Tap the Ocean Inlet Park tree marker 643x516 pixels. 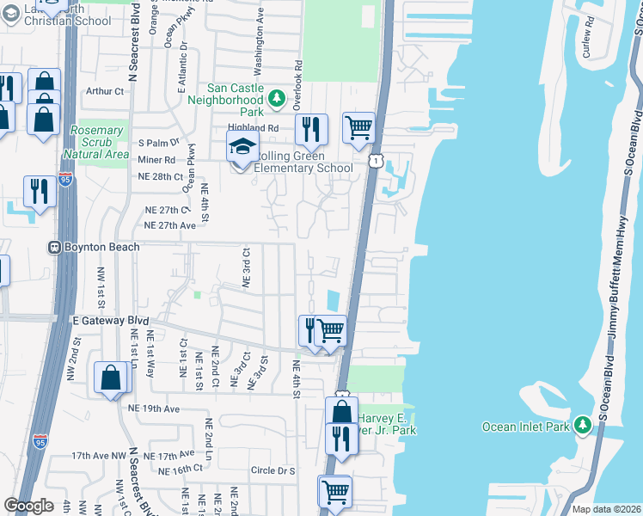coord(584,425)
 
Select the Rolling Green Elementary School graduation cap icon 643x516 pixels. coord(242,146)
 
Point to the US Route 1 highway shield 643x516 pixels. coord(375,160)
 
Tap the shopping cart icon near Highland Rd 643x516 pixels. coord(358,128)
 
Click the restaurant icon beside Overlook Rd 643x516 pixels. coord(311,129)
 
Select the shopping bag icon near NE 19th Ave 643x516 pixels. coord(113,378)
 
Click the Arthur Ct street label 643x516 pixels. coord(105,90)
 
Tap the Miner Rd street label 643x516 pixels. coord(157,159)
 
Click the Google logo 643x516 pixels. coord(28,506)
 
